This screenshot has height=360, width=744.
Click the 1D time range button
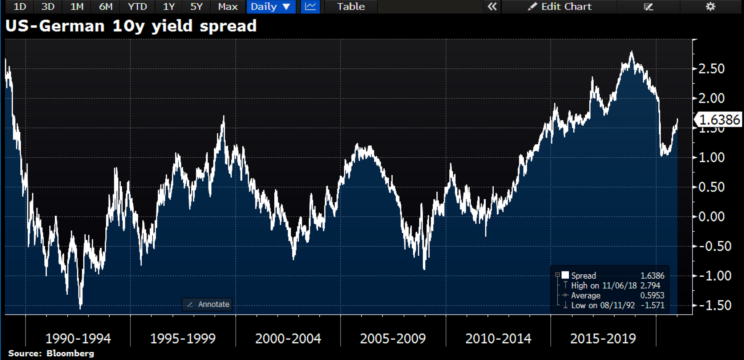click(x=20, y=7)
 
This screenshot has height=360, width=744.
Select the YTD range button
click(x=137, y=7)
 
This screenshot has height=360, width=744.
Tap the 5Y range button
click(x=196, y=7)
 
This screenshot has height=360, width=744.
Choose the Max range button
click(x=228, y=7)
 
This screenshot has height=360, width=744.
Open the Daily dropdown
click(x=271, y=7)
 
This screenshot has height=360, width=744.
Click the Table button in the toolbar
click(x=351, y=7)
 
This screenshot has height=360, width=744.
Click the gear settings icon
click(x=710, y=7)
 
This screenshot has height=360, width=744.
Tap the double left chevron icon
click(x=492, y=7)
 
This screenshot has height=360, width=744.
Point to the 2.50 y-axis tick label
click(x=711, y=69)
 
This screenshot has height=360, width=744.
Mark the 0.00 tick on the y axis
click(x=711, y=217)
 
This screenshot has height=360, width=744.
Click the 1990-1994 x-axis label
click(x=78, y=339)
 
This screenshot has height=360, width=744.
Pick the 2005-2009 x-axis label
click(x=393, y=339)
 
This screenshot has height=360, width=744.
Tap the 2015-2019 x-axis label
click(x=603, y=339)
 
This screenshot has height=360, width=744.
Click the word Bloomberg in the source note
click(x=70, y=353)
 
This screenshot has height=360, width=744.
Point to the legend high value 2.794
click(x=650, y=286)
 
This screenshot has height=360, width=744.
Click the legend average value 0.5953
click(x=652, y=295)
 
